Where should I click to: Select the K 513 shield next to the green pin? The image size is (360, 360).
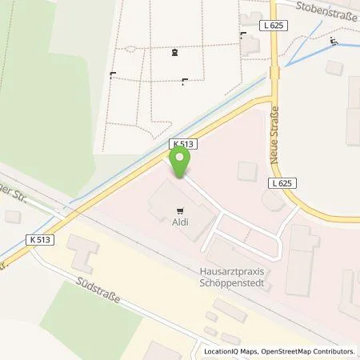pos(183,144)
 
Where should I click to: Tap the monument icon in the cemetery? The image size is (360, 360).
pos(174,53)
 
